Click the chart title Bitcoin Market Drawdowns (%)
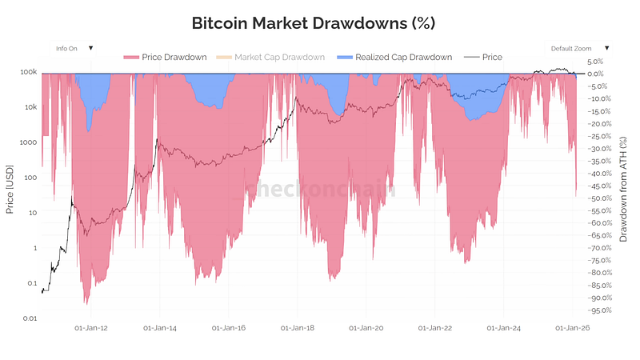click(314, 22)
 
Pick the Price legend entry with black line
click(486, 58)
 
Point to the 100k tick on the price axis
click(29, 72)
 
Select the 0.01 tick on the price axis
click(30, 318)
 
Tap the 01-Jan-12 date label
click(92, 327)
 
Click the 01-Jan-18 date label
click(298, 327)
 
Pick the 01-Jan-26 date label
click(573, 327)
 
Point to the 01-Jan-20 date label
click(367, 327)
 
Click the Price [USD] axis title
click(10, 192)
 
